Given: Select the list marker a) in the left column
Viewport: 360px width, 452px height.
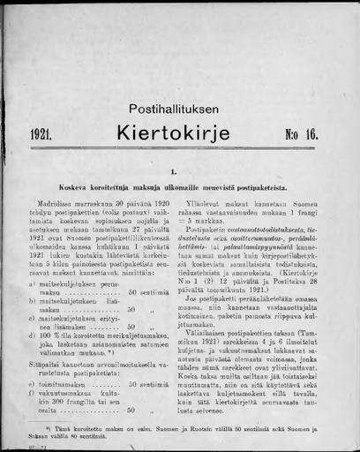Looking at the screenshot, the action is pos(33,284).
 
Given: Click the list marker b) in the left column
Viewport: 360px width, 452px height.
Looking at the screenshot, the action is pos(33,301).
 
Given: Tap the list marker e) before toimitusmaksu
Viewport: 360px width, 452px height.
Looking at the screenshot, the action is pos(33,385).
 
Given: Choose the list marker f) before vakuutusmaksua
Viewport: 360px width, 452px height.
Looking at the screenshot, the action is pos(33,394).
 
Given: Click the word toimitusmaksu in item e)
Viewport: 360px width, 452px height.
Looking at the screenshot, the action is pos(63,385).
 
